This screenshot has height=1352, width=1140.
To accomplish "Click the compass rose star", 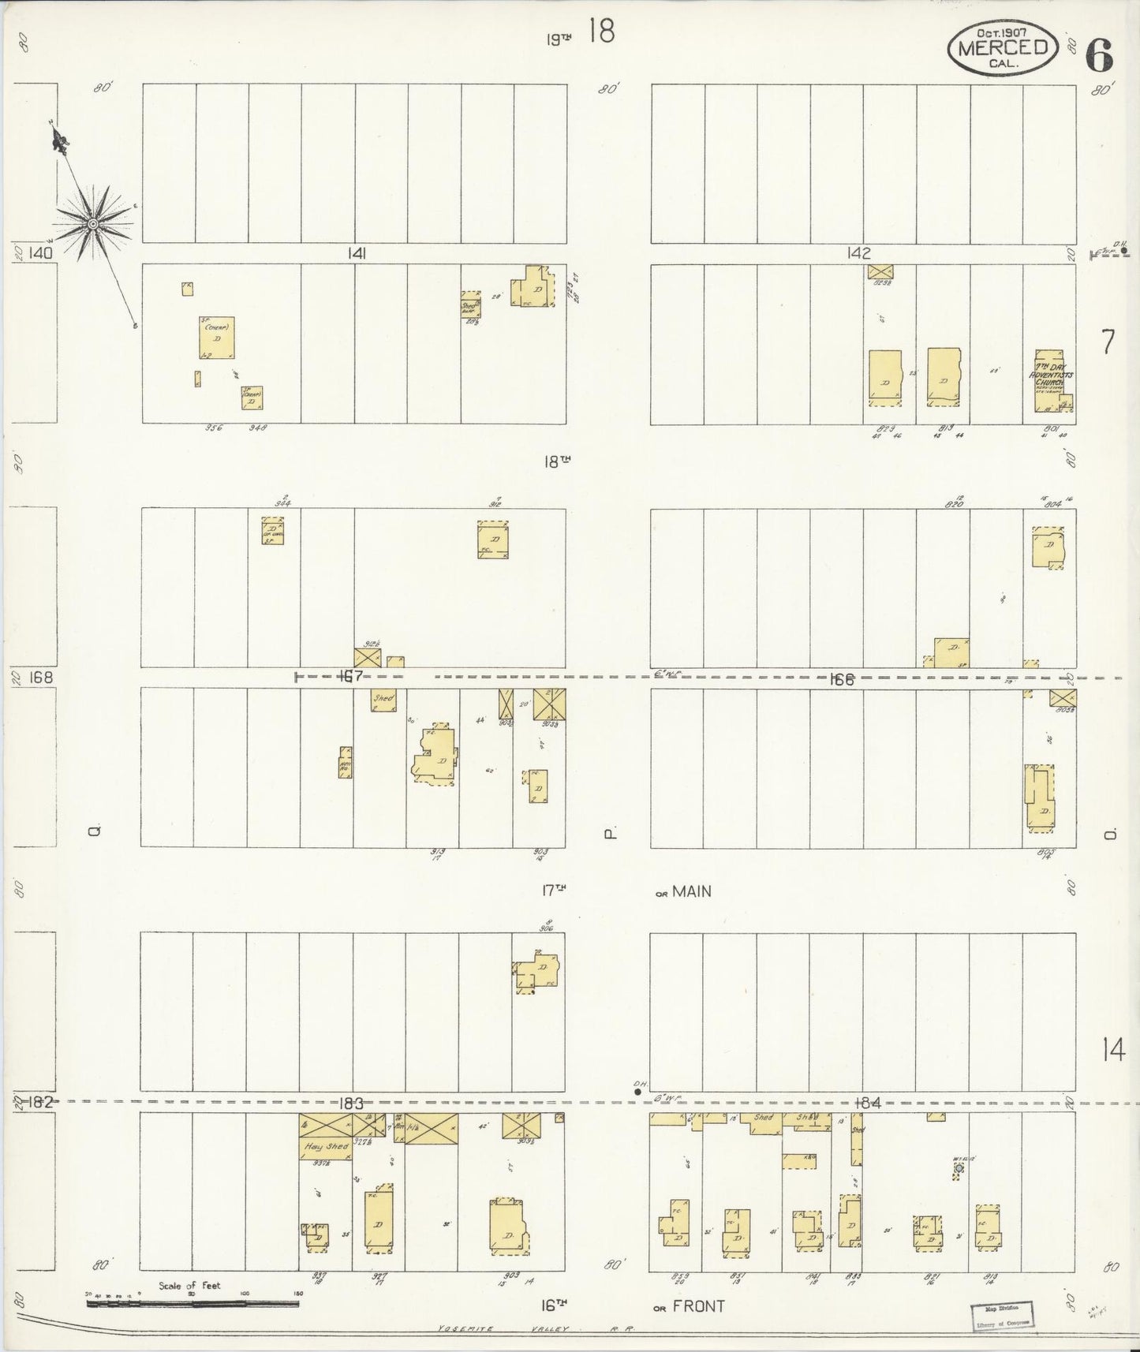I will click(93, 224).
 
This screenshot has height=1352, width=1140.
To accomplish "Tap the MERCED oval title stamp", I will click(1003, 47).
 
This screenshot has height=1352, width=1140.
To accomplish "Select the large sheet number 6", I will click(1099, 55).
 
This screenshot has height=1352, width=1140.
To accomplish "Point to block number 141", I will click(356, 253).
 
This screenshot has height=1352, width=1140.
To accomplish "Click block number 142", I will click(858, 253).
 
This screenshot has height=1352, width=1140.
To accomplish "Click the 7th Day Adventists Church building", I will click(1053, 382).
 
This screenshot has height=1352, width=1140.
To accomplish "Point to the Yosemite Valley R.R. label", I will click(537, 1328).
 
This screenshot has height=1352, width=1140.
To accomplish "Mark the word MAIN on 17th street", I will click(692, 891).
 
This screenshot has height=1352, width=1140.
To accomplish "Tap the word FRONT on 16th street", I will click(699, 1306).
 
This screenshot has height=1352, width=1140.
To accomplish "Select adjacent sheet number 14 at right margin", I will click(1114, 1051).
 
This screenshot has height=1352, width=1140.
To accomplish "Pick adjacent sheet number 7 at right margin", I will click(1108, 342).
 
